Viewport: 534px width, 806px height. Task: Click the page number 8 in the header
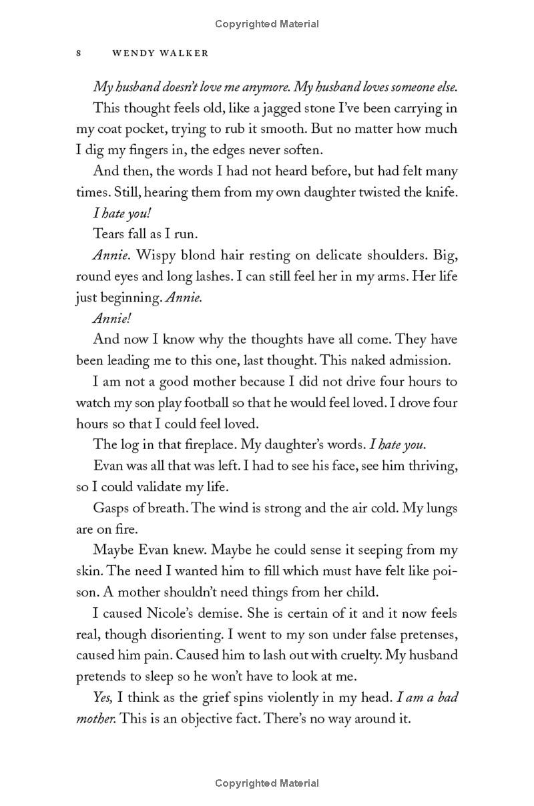click(x=79, y=53)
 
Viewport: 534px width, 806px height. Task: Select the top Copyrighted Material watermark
click(x=267, y=24)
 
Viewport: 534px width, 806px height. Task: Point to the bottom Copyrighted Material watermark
click(x=267, y=783)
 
